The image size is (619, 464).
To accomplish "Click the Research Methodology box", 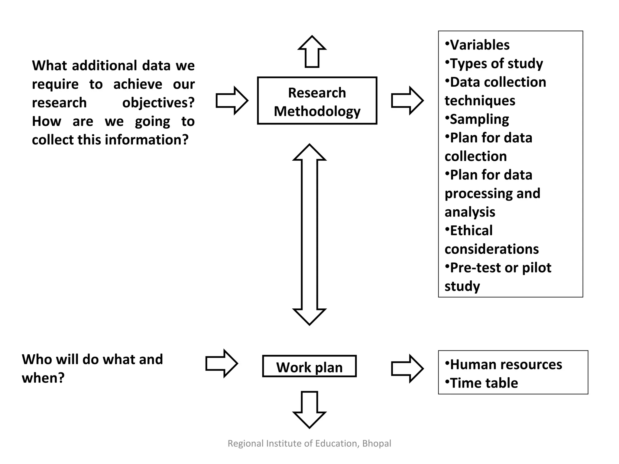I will point(317,101).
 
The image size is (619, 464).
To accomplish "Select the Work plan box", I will point(309,366).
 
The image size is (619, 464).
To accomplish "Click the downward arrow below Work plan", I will point(309,410).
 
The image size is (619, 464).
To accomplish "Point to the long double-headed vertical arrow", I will point(309,234).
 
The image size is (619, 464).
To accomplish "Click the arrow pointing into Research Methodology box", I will point(232,101).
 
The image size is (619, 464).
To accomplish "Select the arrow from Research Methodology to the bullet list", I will point(407,101).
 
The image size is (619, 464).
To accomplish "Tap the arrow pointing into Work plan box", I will point(222,363).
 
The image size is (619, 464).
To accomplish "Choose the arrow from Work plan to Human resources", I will point(407,369).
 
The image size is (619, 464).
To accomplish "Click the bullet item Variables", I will point(479,45).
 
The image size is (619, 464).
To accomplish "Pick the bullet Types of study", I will point(496,63).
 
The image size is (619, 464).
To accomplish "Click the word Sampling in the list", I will point(479,119).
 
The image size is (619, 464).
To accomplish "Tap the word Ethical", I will point(471,230).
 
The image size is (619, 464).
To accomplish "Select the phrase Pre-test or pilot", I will point(500,268).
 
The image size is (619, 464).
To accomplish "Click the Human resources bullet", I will point(506,364).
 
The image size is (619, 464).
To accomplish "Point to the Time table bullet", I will point(484,383).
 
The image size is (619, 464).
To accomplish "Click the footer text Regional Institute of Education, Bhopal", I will point(309,443).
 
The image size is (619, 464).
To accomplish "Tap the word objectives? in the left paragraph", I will point(158,103).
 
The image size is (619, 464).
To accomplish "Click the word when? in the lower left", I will point(43,378).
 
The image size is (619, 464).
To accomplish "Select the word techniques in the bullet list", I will point(480,101).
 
